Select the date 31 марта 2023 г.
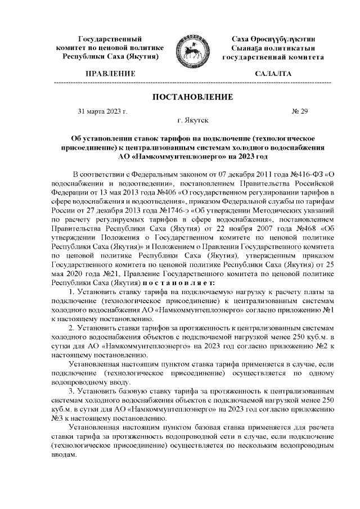[x=102, y=111]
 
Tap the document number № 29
[x=300, y=111]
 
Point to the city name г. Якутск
[x=192, y=120]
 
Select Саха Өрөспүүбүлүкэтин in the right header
[x=273, y=39]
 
